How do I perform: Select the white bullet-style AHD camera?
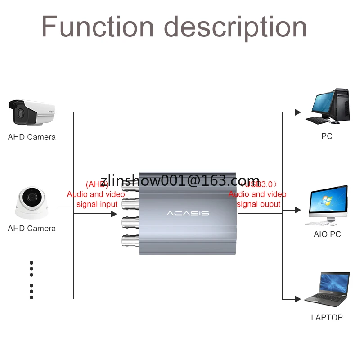pyautogui.click(x=31, y=112)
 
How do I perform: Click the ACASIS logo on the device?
pyautogui.click(x=188, y=213)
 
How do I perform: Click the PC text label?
pyautogui.click(x=327, y=136)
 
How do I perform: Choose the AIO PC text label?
pyautogui.click(x=327, y=234)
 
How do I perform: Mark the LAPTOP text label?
pyautogui.click(x=327, y=317)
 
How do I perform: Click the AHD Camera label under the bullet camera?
pyautogui.click(x=31, y=137)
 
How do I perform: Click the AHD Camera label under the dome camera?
pyautogui.click(x=31, y=228)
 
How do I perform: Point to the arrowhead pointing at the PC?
pyautogui.click(x=297, y=112)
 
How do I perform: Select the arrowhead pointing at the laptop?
pyautogui.click(x=297, y=299)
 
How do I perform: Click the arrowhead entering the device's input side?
pyautogui.click(x=114, y=214)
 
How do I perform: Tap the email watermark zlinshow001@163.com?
pyautogui.click(x=180, y=180)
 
